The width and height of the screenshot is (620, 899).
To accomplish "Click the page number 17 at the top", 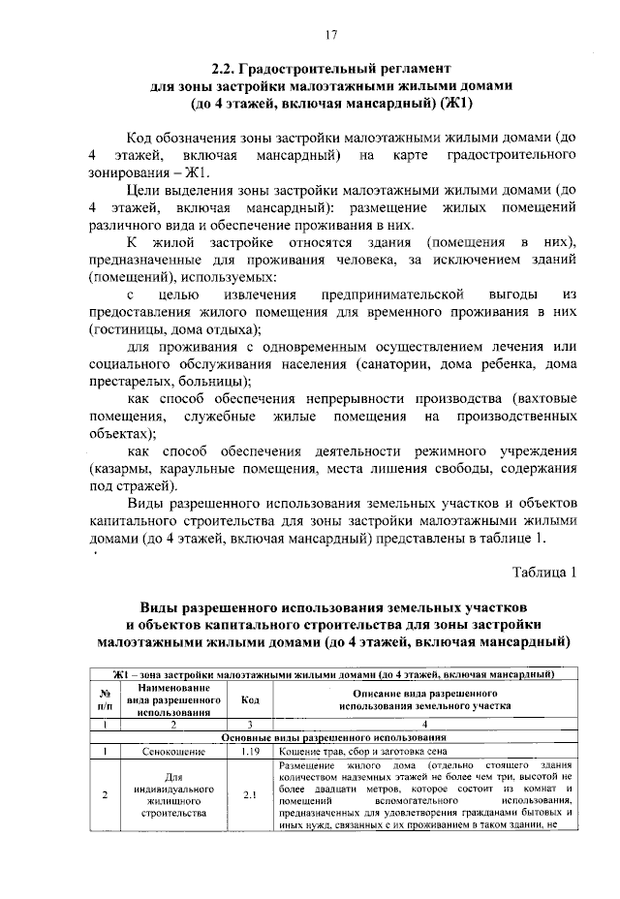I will pos(331,36).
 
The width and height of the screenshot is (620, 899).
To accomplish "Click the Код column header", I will pos(249,700).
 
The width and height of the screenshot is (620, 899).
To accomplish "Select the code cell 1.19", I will pos(249,751).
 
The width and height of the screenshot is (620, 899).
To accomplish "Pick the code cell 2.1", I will pos(249,795).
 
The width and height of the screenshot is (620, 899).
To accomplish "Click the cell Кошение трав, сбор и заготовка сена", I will pos(363,751).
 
